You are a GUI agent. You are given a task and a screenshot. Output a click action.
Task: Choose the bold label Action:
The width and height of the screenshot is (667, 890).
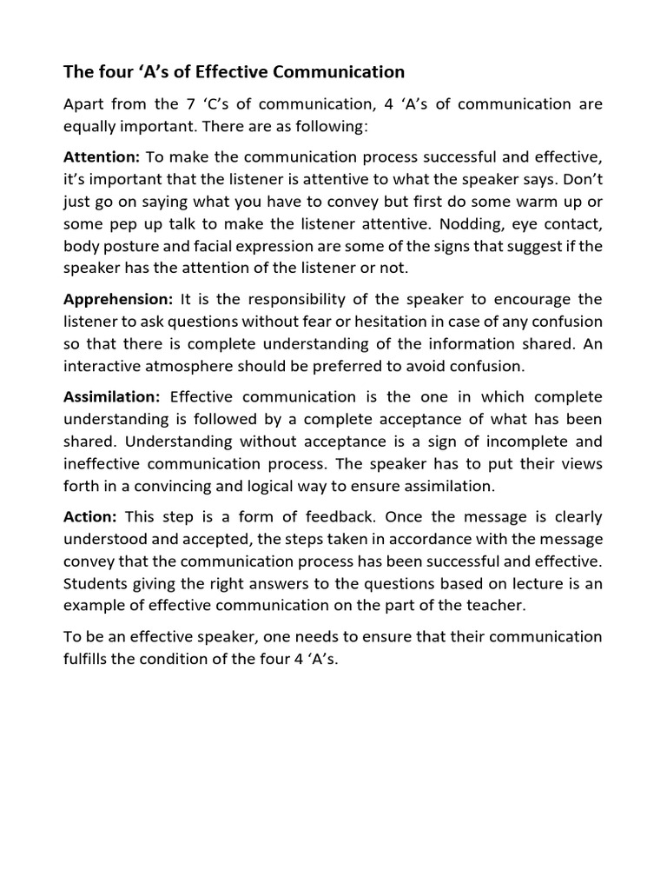coord(89,517)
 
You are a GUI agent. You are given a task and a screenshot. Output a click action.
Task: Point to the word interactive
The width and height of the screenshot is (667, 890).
coord(102,365)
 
